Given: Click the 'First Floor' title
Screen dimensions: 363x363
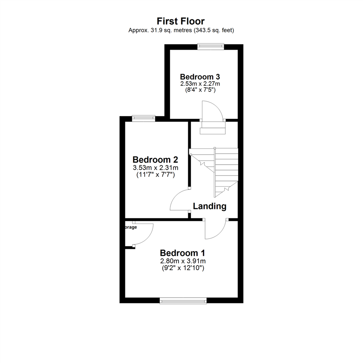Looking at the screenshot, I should [181, 22].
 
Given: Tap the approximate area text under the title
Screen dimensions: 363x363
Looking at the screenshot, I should [181, 30].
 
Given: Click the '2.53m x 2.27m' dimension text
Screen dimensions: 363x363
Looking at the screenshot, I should [200, 83].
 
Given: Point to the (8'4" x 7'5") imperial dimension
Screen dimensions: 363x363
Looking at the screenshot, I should [200, 90].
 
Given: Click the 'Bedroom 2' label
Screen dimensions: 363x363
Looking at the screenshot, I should [155, 159].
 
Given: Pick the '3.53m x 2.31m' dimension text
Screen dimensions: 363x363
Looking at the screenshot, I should [155, 168].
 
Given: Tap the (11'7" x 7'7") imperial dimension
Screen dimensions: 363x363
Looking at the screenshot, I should [155, 175].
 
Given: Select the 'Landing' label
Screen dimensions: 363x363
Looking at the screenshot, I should [209, 206].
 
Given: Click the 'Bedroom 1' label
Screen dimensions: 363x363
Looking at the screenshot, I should [183, 253].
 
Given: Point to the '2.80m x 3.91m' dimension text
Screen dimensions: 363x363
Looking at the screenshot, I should [183, 261].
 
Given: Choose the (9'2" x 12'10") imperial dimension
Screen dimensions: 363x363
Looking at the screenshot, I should [183, 268].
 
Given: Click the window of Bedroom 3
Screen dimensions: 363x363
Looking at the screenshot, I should [211, 47].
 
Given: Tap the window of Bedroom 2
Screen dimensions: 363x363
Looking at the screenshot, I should [143, 118].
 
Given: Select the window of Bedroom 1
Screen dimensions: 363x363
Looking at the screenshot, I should [183, 300].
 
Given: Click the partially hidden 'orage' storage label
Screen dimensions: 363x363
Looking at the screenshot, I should [131, 227].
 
